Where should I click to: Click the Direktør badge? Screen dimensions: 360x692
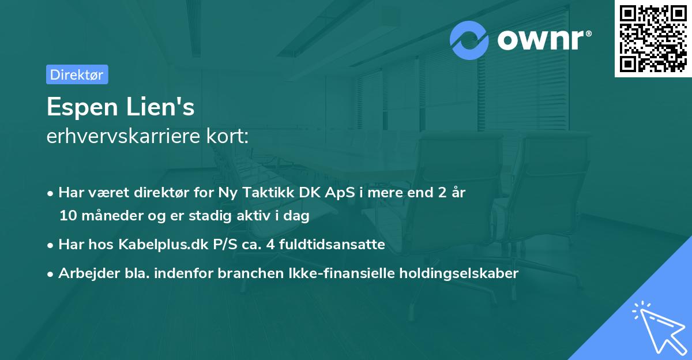pos(77,74)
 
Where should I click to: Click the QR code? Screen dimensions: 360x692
pos(653,38)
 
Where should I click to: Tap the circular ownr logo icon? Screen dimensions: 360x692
pos(469,40)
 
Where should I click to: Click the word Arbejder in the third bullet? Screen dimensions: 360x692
pos(84,273)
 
